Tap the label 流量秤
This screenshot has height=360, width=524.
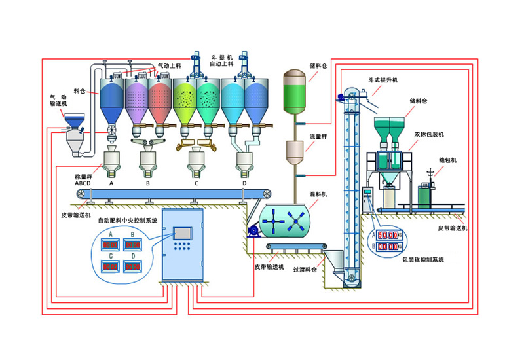coord(318,137)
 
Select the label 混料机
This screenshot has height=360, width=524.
coord(318,194)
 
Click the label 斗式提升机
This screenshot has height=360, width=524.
coord(384,80)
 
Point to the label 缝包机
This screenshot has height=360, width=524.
coord(447,160)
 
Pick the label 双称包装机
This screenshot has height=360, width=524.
coord(429,134)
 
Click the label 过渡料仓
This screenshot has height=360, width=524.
coord(305,269)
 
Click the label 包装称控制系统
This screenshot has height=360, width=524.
coord(422,259)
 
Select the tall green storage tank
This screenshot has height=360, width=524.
coord(295,92)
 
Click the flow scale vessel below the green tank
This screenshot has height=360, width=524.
coord(295,154)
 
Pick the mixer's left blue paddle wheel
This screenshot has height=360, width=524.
coord(271,221)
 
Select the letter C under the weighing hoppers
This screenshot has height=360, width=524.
coord(196,185)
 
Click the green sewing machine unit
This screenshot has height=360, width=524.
coord(427,194)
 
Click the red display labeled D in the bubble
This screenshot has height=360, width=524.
coord(134,266)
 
